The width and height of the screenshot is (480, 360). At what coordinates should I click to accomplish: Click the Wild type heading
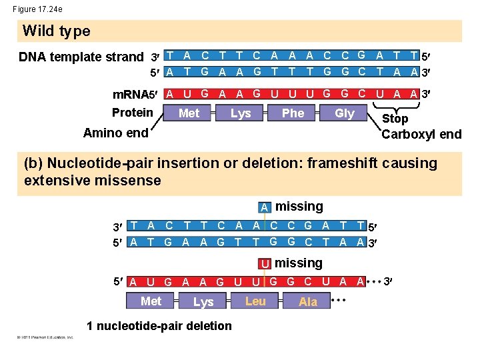pyautogui.click(x=56, y=31)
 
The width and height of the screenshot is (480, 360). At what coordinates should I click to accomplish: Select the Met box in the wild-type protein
pyautogui.click(x=189, y=113)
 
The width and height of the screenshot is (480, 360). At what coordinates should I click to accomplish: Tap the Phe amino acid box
pyautogui.click(x=293, y=113)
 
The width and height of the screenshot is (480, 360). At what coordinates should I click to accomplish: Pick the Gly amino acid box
pyautogui.click(x=344, y=113)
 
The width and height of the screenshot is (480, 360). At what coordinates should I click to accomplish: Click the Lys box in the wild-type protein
pyautogui.click(x=241, y=113)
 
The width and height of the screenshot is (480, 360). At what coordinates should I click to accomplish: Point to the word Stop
pyautogui.click(x=395, y=119)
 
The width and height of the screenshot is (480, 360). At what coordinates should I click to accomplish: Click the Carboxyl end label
pyautogui.click(x=421, y=134)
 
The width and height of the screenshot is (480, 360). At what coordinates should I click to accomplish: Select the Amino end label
pyautogui.click(x=115, y=133)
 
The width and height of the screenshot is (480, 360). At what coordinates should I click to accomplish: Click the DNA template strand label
pyautogui.click(x=81, y=57)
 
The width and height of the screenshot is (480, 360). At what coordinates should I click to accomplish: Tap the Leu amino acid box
pyautogui.click(x=255, y=301)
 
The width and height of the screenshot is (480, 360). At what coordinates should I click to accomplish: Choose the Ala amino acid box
pyautogui.click(x=308, y=302)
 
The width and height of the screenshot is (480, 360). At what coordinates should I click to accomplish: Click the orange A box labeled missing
pyautogui.click(x=265, y=207)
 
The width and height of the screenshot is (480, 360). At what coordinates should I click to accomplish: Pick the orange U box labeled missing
pyautogui.click(x=265, y=264)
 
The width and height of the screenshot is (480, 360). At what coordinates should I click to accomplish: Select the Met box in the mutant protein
pyautogui.click(x=151, y=301)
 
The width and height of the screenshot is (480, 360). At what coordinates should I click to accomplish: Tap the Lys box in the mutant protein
pyautogui.click(x=203, y=302)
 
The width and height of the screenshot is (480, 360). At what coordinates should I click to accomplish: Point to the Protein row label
pyautogui.click(x=132, y=112)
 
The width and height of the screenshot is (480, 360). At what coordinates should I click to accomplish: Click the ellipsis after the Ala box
pyautogui.click(x=339, y=301)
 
